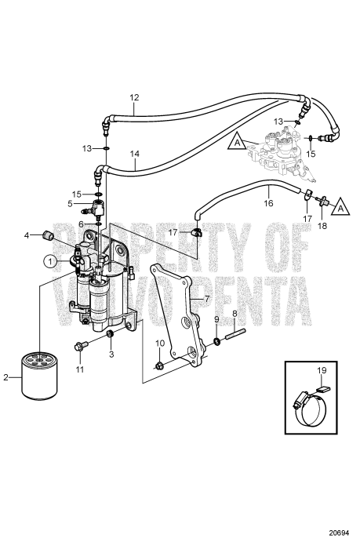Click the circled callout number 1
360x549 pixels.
[x=49, y=260]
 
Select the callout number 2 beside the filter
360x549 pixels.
[x=7, y=378]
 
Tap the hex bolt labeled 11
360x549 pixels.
[x=78, y=347]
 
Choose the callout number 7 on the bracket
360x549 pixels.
[x=205, y=298]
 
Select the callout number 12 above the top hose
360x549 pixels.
[x=134, y=98]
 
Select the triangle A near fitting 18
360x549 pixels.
[x=340, y=208]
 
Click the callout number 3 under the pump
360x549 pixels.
[x=111, y=354]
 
